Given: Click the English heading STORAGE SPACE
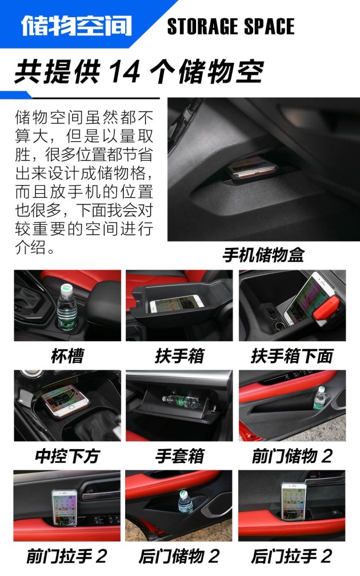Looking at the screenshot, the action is (x=231, y=26).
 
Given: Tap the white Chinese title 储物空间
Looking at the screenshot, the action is (x=77, y=26).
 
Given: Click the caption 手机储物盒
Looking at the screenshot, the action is (x=263, y=255).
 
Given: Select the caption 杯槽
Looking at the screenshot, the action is (x=67, y=355).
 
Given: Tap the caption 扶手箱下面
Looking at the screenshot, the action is (x=292, y=355).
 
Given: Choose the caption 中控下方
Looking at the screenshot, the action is (x=67, y=456).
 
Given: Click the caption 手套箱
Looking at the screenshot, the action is (x=179, y=456).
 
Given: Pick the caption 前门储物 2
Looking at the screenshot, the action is (x=292, y=456).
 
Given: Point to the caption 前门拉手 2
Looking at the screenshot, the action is (x=67, y=556).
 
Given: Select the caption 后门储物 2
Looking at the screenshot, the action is (x=179, y=556).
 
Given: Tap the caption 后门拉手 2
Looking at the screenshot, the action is (x=292, y=556).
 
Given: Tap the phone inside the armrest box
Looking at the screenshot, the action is (x=177, y=304).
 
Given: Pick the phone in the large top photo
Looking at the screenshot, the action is (x=251, y=167).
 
